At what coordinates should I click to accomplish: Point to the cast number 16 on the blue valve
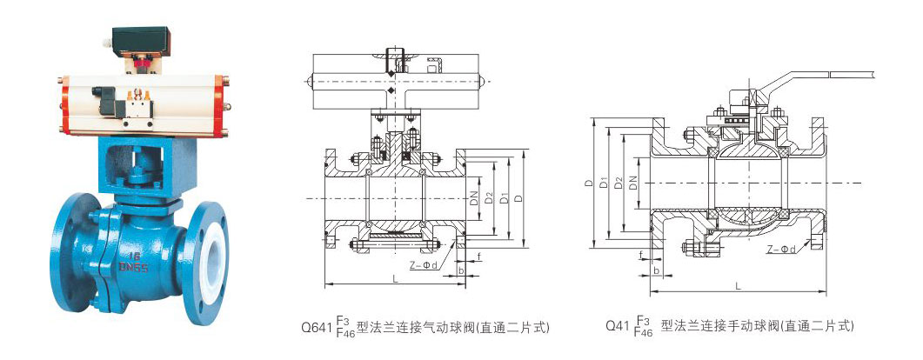click(134, 257)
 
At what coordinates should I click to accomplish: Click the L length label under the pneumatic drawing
click(395, 278)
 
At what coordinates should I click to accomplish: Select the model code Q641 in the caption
click(316, 328)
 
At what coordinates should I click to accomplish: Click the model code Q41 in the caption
click(619, 328)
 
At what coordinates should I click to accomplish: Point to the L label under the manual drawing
click(738, 285)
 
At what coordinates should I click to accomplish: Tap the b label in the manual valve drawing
click(655, 270)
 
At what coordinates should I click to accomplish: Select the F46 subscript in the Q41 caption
click(644, 333)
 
